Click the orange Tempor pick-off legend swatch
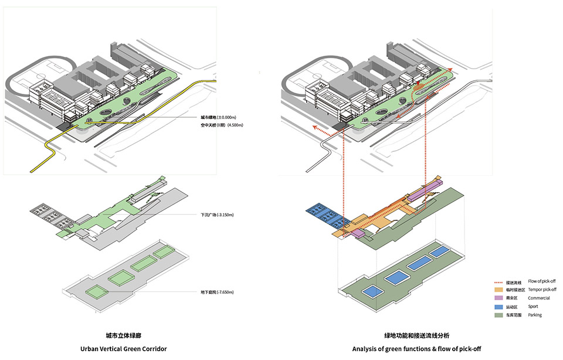pyautogui.click(x=498, y=290)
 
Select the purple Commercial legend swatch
pyautogui.click(x=498, y=298)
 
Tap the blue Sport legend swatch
pyautogui.click(x=498, y=307)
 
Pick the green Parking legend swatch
pyautogui.click(x=498, y=315)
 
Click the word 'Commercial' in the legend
pyautogui.click(x=539, y=298)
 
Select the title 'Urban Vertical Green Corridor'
pyautogui.click(x=124, y=349)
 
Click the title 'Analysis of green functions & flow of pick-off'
pyautogui.click(x=417, y=349)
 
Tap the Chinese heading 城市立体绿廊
pyautogui.click(x=124, y=335)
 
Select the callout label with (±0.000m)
pyautogui.click(x=218, y=117)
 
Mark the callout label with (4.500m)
pyautogui.click(x=218, y=125)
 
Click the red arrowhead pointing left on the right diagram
pyautogui.click(x=313, y=127)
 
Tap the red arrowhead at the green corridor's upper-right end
pyautogui.click(x=450, y=70)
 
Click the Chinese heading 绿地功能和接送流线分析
pyautogui.click(x=417, y=335)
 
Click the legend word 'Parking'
pyautogui.click(x=535, y=315)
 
